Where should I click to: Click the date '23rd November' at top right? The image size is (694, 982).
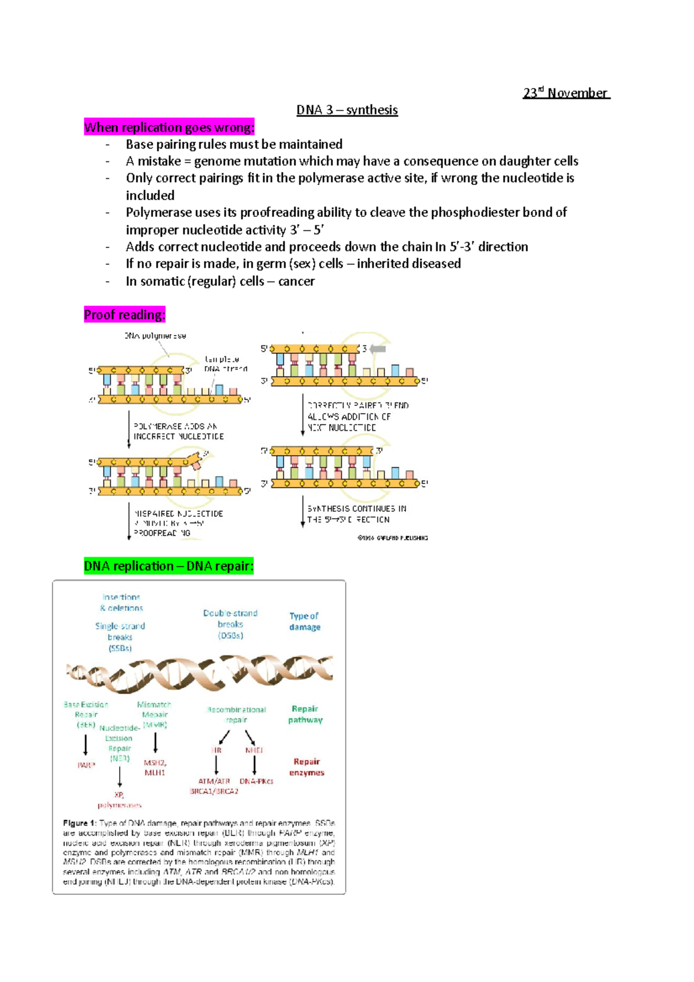[566, 93]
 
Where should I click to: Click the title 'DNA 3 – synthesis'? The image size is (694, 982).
[347, 110]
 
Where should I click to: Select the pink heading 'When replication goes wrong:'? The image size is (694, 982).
[169, 127]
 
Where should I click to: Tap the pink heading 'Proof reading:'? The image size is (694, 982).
[124, 315]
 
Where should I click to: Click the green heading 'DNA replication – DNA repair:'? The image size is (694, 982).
[169, 566]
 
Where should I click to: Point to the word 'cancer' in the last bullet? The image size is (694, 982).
[296, 281]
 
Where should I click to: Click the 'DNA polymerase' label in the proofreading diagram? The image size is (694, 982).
[155, 335]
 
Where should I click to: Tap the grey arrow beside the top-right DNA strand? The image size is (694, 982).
[378, 349]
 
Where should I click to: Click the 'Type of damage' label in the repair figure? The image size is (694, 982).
[304, 621]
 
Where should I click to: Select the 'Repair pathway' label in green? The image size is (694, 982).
[305, 714]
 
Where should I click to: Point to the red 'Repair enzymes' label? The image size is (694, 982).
[307, 767]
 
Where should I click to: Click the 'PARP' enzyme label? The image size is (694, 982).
[86, 765]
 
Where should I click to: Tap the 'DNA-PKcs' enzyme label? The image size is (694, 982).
[256, 781]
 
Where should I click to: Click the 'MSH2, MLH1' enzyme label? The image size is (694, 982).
[155, 767]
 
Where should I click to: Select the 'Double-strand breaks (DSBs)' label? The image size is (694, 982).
[230, 624]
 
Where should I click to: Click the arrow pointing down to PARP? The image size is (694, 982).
[86, 744]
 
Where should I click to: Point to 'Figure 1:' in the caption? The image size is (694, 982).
[79, 823]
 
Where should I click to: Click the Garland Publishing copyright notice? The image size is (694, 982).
[393, 538]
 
